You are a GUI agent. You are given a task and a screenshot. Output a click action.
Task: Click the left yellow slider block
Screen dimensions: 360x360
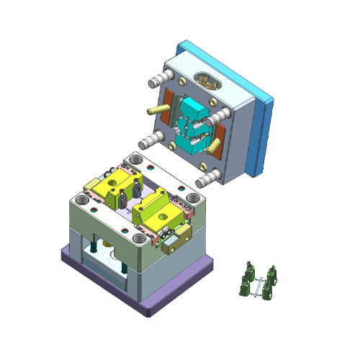click(115, 187)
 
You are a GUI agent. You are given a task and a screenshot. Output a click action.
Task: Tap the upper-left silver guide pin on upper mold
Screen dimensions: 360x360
click(157, 78)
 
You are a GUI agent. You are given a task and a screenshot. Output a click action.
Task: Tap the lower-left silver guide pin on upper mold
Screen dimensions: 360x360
click(149, 140)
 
